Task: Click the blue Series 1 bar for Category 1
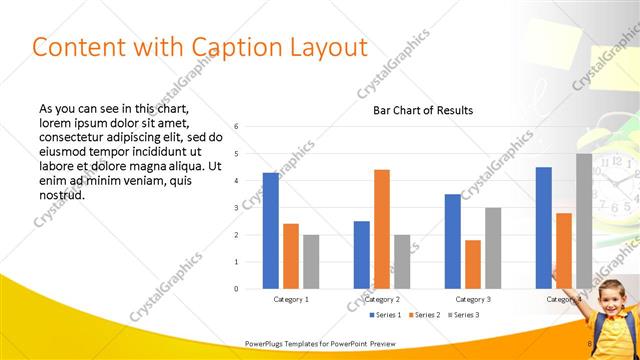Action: click(x=271, y=231)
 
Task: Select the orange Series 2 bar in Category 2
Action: click(x=382, y=229)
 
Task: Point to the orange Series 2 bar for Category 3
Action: click(x=473, y=264)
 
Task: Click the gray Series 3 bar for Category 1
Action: click(x=311, y=262)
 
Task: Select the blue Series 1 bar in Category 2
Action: click(x=361, y=255)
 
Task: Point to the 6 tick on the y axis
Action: click(x=236, y=126)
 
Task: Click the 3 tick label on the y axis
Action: click(x=236, y=208)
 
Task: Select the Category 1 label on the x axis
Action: click(x=291, y=299)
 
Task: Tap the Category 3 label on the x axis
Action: click(x=473, y=299)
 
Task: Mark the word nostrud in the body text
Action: click(x=62, y=194)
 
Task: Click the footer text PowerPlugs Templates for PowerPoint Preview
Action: click(x=313, y=343)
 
